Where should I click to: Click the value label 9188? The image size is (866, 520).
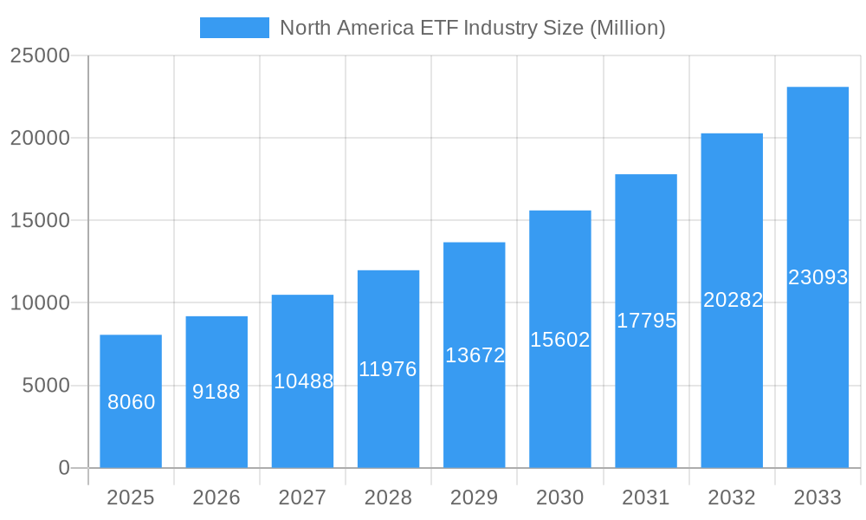coord(216,392)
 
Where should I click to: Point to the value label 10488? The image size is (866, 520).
coord(303,381)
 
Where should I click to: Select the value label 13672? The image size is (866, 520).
coord(475,355)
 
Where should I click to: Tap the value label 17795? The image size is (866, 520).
coord(646,321)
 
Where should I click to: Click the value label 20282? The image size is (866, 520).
coord(733,300)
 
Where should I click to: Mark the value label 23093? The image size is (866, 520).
coord(818,277)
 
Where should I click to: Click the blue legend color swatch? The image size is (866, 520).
coord(235,28)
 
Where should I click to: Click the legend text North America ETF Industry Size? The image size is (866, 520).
coord(473,28)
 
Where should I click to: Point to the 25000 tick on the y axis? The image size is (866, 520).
coord(40,55)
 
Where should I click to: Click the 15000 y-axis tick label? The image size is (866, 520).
coord(40,220)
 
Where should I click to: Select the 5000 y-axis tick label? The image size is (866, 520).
coord(46,386)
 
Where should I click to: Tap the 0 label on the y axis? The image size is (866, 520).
coord(64,468)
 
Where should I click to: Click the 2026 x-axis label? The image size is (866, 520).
coord(216,497)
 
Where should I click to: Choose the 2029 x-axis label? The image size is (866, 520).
coord(475,497)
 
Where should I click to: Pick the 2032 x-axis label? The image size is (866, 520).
coord(732,497)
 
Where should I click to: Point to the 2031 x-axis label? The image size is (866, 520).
coord(646,497)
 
